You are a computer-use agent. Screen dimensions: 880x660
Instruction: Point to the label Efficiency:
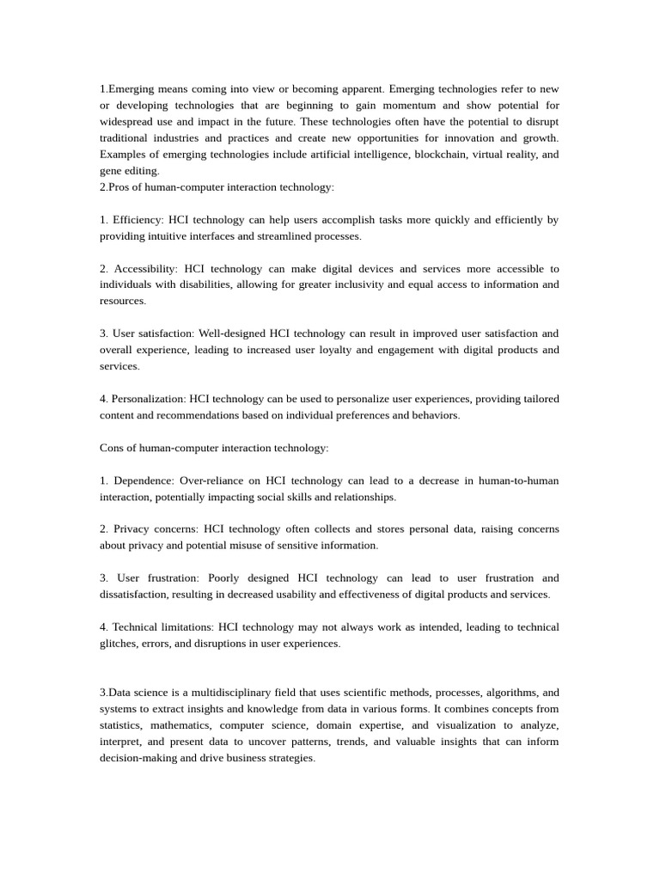click(137, 220)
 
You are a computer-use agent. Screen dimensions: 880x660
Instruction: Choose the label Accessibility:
click(145, 269)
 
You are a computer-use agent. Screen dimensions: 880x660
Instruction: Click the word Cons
click(113, 448)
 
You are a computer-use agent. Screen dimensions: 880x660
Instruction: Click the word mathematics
click(174, 725)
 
